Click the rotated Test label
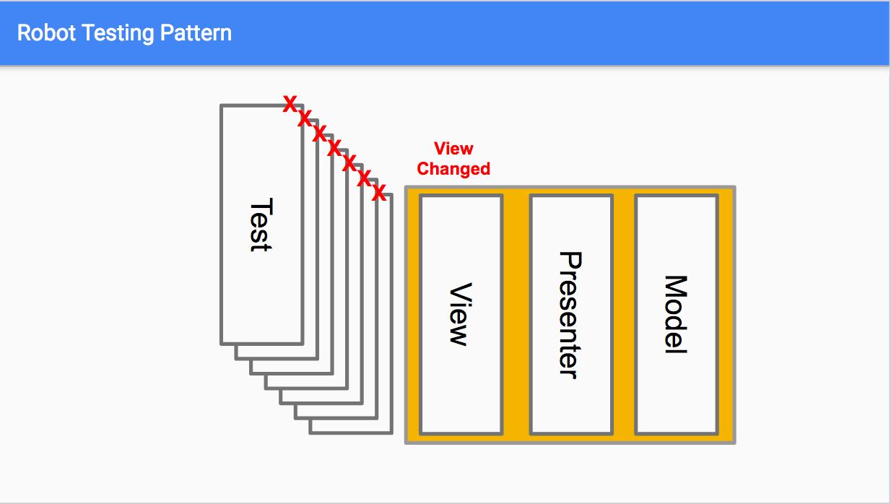click(260, 225)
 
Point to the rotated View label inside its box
click(460, 314)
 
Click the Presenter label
click(570, 315)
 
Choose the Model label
click(675, 315)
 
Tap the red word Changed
click(453, 169)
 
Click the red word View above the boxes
click(453, 149)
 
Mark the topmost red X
click(290, 103)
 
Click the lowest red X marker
click(378, 193)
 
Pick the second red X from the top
click(305, 118)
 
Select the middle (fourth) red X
click(334, 148)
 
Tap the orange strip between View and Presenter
click(516, 315)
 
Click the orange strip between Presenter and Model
click(624, 315)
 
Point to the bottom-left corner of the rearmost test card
click(310, 433)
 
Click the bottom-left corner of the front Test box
click(222, 343)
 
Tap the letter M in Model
click(675, 286)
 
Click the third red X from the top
click(319, 133)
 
